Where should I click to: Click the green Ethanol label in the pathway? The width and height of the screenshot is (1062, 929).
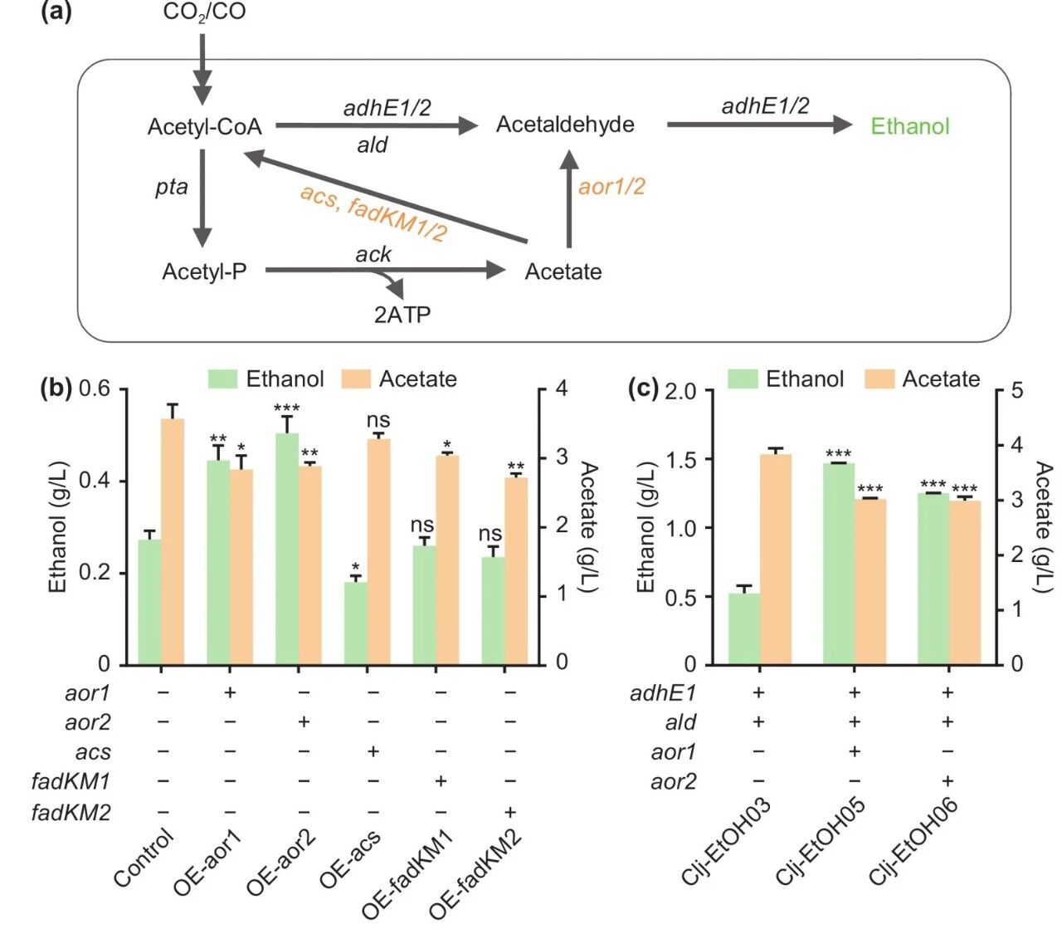coord(909,127)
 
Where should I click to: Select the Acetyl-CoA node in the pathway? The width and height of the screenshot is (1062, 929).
coord(204,127)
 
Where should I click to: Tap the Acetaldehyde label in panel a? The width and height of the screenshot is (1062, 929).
coord(565,125)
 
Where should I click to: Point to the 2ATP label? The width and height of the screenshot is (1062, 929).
coord(402,315)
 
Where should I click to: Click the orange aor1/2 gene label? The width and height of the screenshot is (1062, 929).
coord(611,187)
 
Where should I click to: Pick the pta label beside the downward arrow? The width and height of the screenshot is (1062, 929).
coord(172,187)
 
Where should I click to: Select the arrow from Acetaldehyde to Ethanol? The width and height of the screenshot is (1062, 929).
coord(758,125)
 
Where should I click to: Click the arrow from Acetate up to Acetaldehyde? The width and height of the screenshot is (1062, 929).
coord(569,199)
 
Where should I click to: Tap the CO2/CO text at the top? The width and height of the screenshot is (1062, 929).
coord(204,12)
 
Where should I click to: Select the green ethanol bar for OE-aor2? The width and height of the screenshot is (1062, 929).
coord(286,549)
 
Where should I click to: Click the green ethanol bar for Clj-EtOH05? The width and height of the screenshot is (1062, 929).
coord(838,564)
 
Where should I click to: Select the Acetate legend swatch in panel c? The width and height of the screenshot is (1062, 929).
coord(879,379)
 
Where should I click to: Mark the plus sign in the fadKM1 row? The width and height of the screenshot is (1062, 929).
coord(441,781)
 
